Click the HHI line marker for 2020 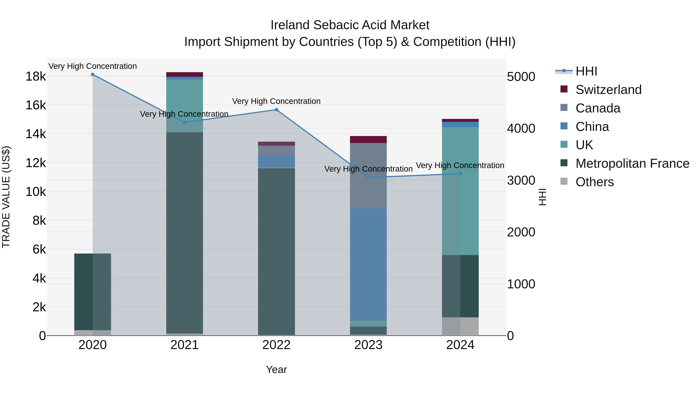pyautogui.click(x=93, y=75)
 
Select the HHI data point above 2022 pyautogui.click(x=276, y=110)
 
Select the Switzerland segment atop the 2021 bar pyautogui.click(x=185, y=75)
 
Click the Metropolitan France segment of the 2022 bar pyautogui.click(x=276, y=252)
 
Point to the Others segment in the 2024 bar pyautogui.click(x=460, y=326)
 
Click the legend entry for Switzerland pyautogui.click(x=608, y=90)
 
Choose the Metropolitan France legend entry pyautogui.click(x=632, y=163)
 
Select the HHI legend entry pyautogui.click(x=586, y=71)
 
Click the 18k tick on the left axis pyautogui.click(x=36, y=76)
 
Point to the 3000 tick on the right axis pyautogui.click(x=521, y=181)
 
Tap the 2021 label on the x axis pyautogui.click(x=185, y=345)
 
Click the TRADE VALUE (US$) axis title pyautogui.click(x=6, y=197)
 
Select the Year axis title pyautogui.click(x=276, y=369)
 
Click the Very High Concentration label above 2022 pyautogui.click(x=276, y=101)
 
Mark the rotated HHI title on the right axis pyautogui.click(x=542, y=197)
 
